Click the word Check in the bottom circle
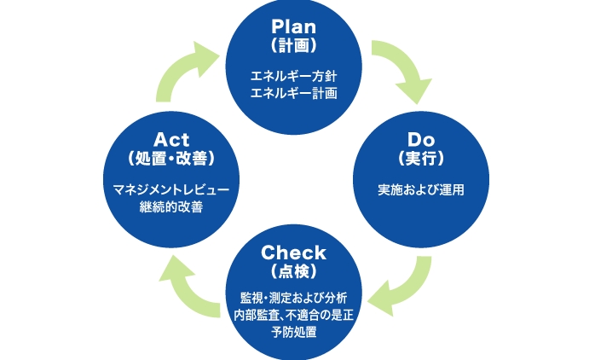pyautogui.click(x=294, y=253)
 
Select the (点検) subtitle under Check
pyautogui.click(x=294, y=271)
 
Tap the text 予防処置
pyautogui.click(x=294, y=332)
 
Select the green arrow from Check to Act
pyautogui.click(x=188, y=285)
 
